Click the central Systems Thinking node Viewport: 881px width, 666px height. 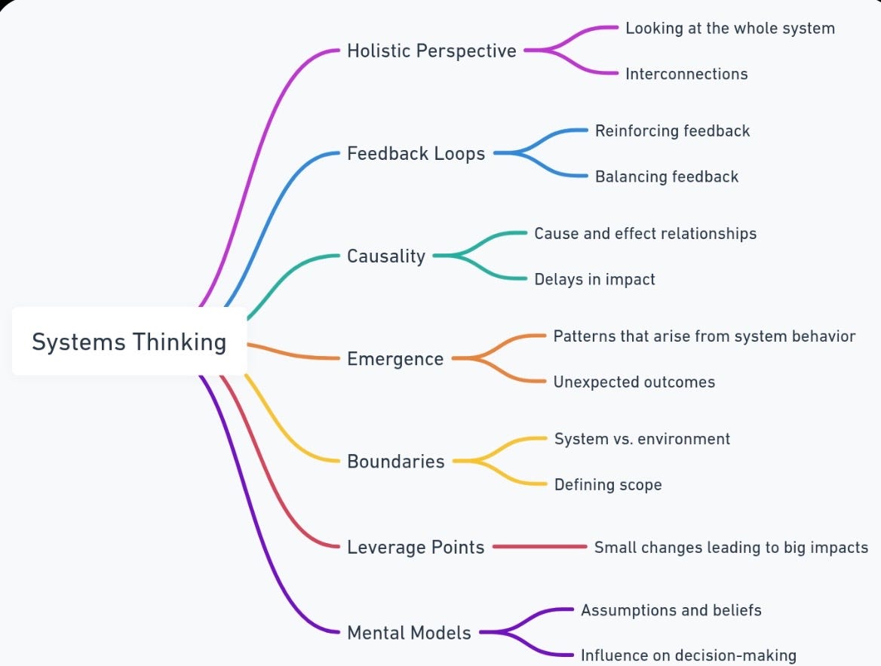pos(129,342)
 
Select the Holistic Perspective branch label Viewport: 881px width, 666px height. pos(431,51)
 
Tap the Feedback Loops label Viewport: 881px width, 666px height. pos(416,154)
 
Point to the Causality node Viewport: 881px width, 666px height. pos(386,256)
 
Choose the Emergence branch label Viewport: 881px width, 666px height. pos(395,359)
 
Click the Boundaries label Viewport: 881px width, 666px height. pos(396,462)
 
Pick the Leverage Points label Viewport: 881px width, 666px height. pos(416,548)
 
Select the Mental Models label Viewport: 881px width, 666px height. pos(409,633)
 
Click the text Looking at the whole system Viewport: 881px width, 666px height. pos(730,29)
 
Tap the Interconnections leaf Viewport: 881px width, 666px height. pos(686,74)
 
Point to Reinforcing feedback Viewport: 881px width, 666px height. pos(672,131)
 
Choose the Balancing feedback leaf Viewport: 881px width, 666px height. pos(667,176)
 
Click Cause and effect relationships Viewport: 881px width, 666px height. pos(645,234)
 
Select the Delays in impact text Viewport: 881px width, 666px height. pos(594,279)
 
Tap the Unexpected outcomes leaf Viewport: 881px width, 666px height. pos(634,382)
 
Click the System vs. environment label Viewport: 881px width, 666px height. pos(642,439)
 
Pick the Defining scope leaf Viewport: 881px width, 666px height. pos(608,484)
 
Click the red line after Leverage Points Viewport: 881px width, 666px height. pos(540,547)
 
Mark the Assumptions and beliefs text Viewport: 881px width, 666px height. pos(671,610)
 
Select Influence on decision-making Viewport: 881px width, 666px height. pos(688,655)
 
